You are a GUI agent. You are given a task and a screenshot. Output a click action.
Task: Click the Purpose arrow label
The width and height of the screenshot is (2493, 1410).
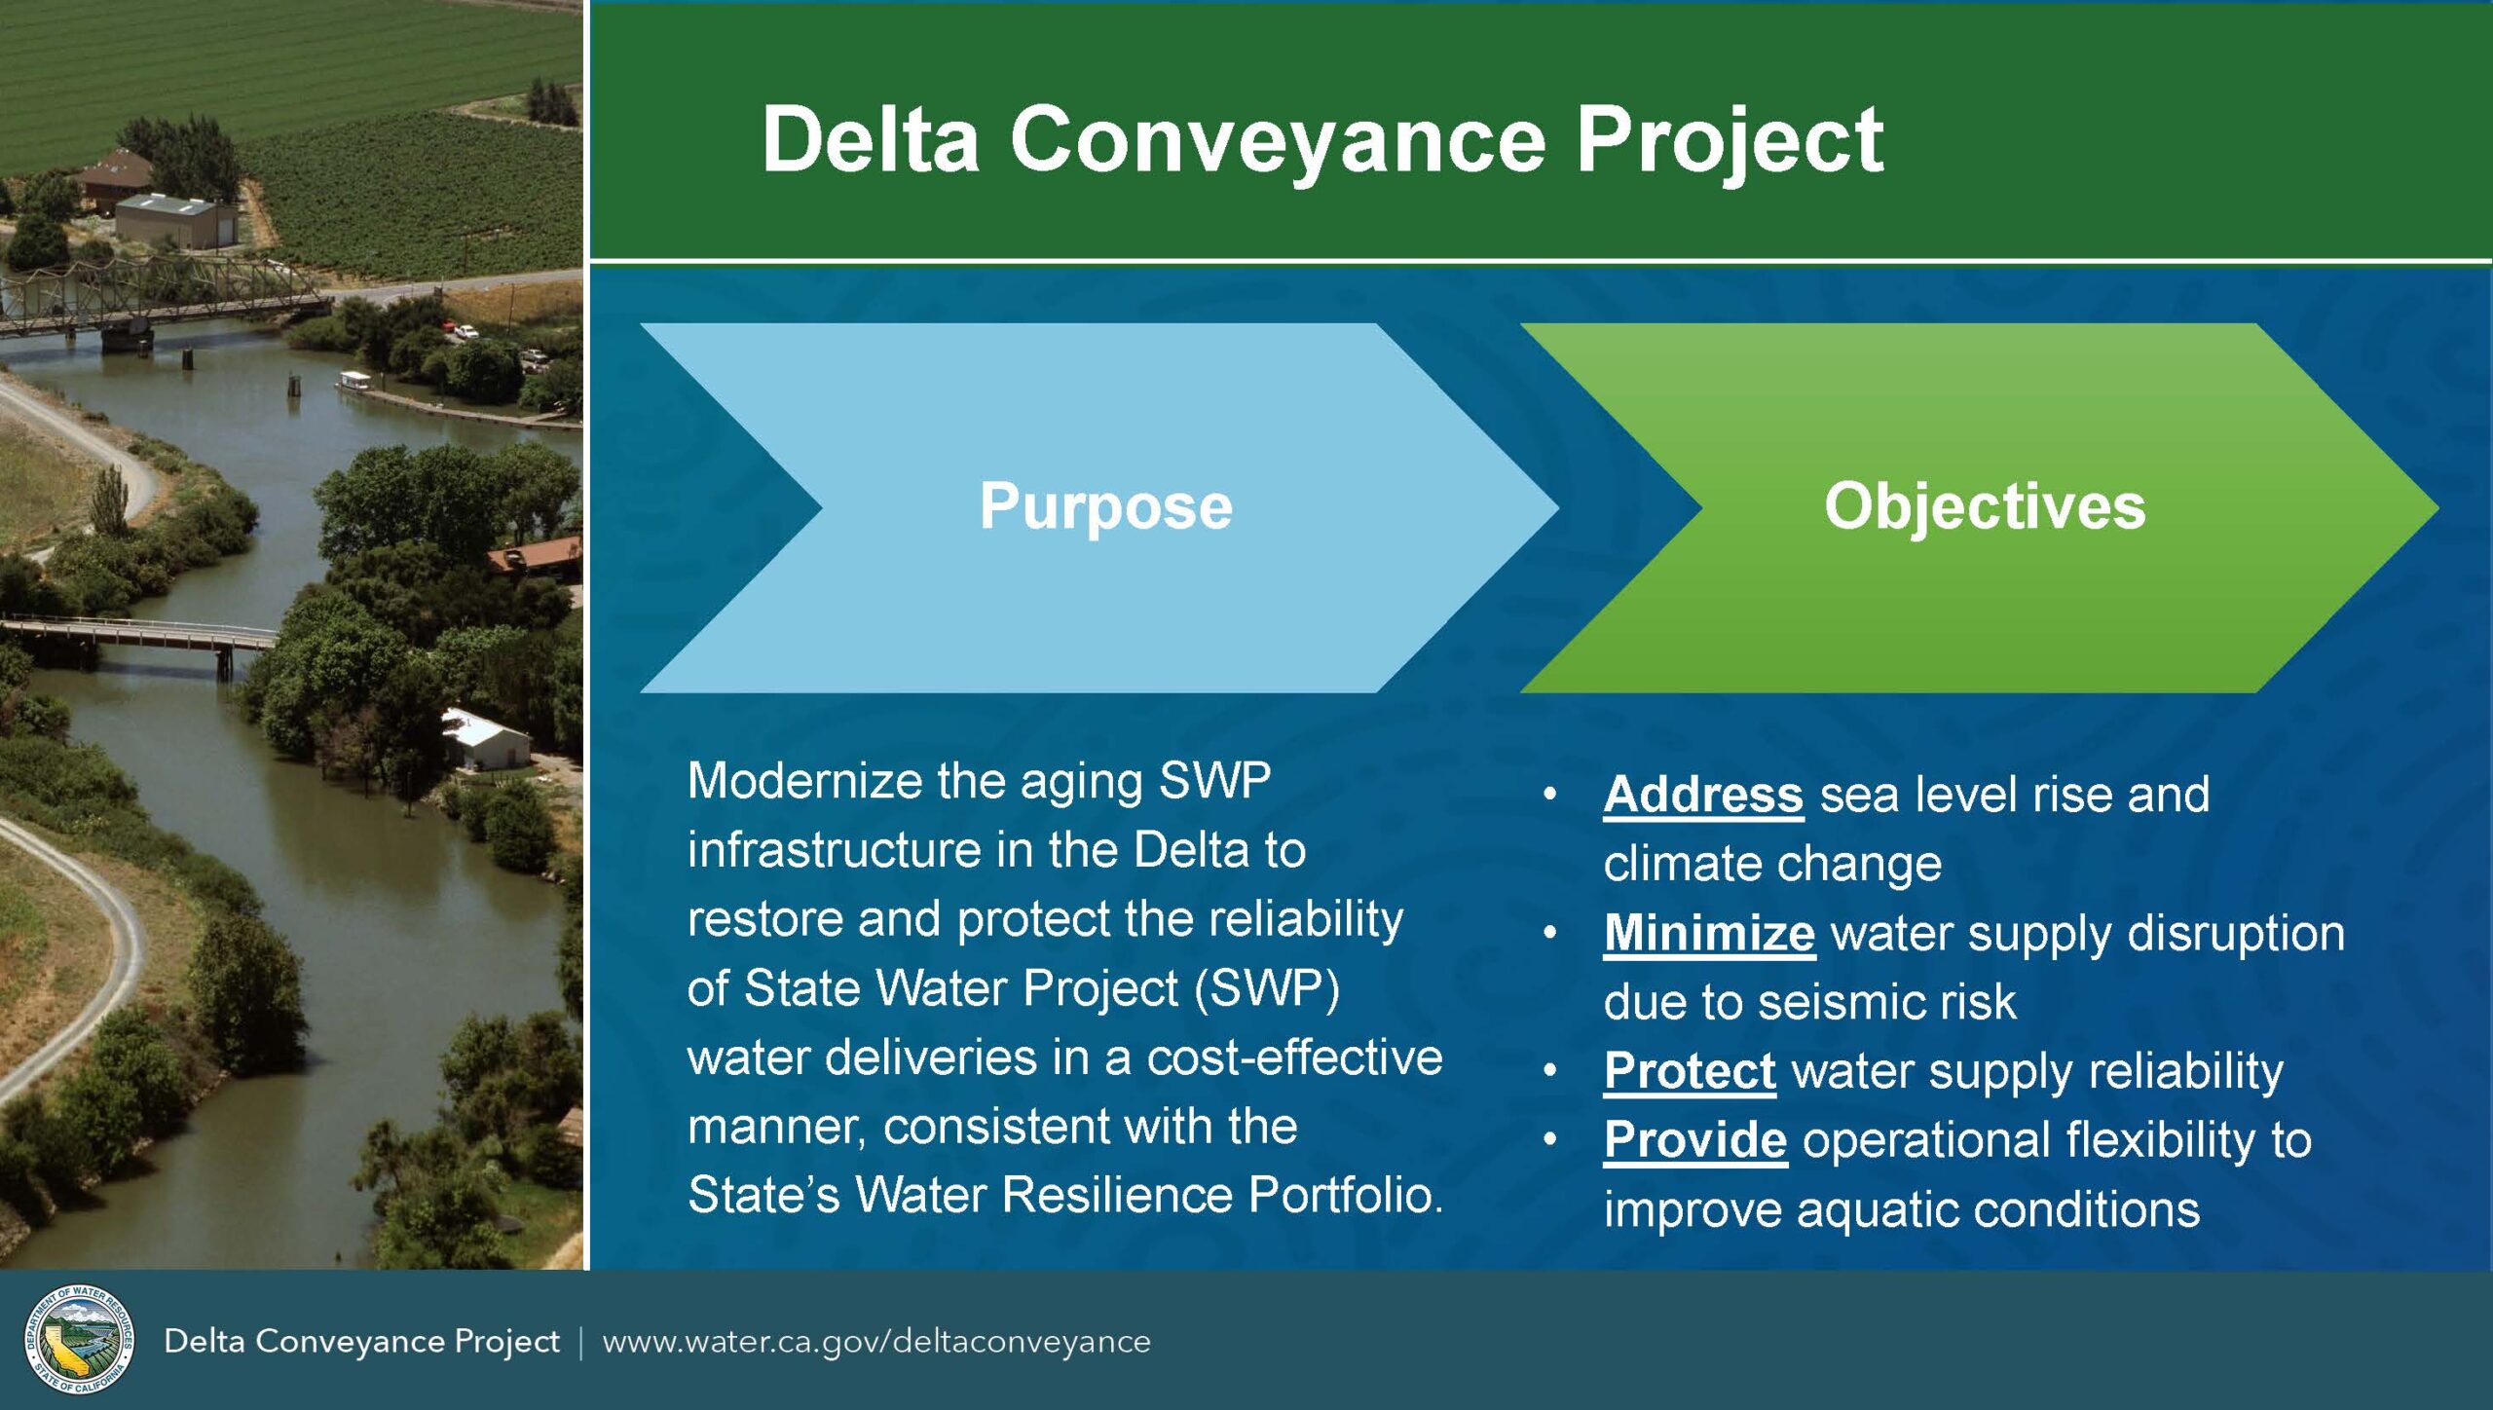coord(1105,506)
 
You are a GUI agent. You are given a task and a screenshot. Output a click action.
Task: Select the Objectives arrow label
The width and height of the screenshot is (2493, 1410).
coord(1985,506)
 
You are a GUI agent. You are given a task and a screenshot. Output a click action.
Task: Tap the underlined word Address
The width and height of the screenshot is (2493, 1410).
coord(1703,795)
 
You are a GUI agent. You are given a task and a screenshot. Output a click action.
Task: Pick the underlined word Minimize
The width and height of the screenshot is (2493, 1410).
coord(1709,934)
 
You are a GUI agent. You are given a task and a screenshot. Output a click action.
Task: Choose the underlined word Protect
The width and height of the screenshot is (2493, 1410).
coord(1690,1072)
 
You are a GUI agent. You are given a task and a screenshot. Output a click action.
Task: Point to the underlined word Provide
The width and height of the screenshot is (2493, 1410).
coord(1695,1140)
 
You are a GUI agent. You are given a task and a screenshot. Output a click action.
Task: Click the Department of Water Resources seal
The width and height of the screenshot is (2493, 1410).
coord(79,1339)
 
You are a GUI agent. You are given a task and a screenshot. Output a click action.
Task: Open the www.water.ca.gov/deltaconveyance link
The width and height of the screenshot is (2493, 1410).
coord(876,1342)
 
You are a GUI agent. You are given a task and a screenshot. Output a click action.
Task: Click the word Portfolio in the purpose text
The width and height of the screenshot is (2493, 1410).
coord(1345,1195)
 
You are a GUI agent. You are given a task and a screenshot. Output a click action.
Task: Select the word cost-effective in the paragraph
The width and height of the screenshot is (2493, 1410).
coord(1295,1057)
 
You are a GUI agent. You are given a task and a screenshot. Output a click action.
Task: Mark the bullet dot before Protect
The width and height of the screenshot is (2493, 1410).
coord(1550,1071)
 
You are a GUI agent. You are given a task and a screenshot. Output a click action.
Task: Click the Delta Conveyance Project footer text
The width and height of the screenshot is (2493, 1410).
coord(361,1342)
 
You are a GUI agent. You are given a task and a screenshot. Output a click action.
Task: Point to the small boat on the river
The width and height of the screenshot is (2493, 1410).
coord(353,381)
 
